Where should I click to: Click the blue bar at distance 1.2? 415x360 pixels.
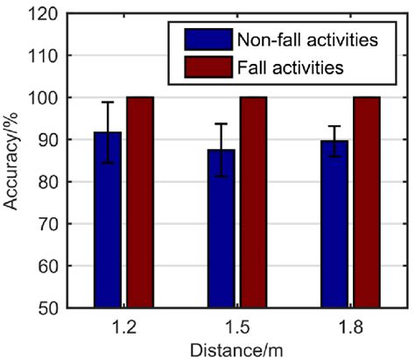pyautogui.click(x=108, y=228)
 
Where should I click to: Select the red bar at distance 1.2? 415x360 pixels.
pyautogui.click(x=140, y=201)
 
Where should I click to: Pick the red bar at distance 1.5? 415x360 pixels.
pyautogui.click(x=253, y=201)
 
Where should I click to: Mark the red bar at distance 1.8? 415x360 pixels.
pyautogui.click(x=366, y=201)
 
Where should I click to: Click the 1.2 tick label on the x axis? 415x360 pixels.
pyautogui.click(x=123, y=325)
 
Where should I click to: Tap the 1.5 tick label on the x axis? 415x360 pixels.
pyautogui.click(x=237, y=325)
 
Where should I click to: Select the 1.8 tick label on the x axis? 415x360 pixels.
pyautogui.click(x=350, y=325)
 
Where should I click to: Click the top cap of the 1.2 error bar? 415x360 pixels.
pyautogui.click(x=108, y=102)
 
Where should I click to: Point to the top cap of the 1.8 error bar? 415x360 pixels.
pyautogui.click(x=334, y=126)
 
